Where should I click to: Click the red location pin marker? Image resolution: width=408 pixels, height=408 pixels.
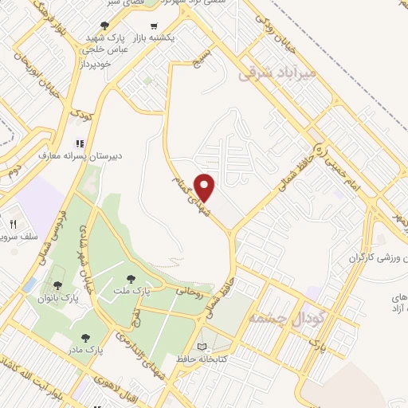(x=205, y=187)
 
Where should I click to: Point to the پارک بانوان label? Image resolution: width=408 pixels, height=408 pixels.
(x=58, y=297)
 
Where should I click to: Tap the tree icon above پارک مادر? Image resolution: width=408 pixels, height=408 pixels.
(x=86, y=338)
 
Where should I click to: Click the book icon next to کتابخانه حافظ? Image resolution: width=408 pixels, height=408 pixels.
(x=201, y=347)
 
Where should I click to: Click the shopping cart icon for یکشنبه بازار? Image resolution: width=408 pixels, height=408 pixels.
(x=165, y=25)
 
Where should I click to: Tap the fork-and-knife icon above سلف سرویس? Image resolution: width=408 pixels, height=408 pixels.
(x=13, y=225)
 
